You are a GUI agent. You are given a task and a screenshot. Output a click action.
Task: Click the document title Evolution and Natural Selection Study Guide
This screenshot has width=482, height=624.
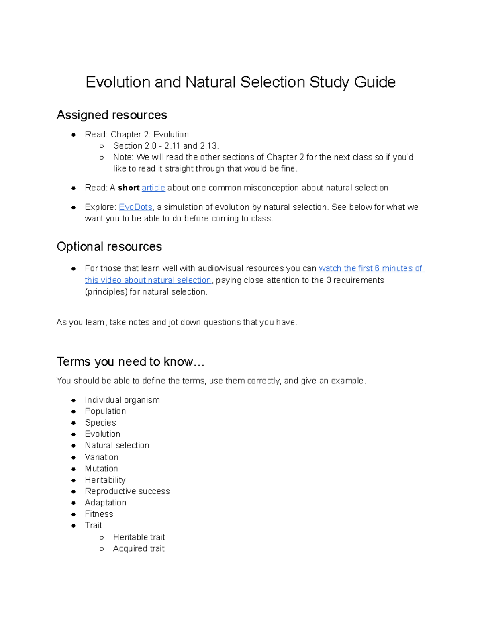[240, 82]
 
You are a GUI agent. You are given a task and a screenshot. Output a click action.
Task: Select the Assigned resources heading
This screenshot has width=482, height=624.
[112, 115]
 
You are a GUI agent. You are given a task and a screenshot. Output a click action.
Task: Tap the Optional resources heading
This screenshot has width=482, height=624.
[109, 246]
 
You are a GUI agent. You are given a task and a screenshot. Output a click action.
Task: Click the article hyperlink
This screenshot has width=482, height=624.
[153, 188]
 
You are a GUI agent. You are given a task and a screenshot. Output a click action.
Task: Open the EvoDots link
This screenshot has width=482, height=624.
[136, 207]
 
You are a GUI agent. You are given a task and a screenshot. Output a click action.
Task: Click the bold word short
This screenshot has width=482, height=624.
[129, 188]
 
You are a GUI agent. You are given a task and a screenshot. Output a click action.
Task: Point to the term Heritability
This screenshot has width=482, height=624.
[105, 480]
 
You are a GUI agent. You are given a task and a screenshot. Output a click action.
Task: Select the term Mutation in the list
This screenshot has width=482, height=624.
[101, 469]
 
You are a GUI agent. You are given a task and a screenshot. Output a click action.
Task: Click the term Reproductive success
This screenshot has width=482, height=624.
[127, 491]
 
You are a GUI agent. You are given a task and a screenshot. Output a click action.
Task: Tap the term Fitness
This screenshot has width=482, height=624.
[99, 514]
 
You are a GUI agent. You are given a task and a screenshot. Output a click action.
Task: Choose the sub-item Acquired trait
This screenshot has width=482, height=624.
[139, 548]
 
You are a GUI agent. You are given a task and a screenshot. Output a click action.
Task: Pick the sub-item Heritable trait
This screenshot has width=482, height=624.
[139, 537]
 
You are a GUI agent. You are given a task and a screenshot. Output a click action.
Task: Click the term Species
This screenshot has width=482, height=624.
[100, 423]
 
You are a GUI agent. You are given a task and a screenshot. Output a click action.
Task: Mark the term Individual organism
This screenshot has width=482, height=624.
[122, 400]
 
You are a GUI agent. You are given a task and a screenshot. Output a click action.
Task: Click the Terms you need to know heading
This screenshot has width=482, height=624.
[131, 362]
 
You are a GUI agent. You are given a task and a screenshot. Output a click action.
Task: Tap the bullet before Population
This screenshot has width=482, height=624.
[74, 411]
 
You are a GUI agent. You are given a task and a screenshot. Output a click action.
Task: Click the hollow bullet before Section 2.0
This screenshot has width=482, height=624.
[102, 146]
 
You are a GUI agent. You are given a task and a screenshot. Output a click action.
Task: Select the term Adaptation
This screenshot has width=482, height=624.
[106, 503]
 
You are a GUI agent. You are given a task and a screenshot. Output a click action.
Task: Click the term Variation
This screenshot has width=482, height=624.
[102, 457]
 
